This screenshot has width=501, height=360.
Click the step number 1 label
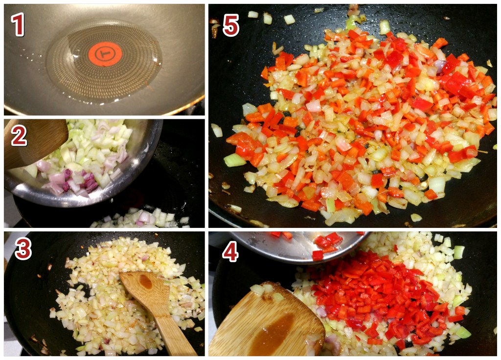tap(18, 24)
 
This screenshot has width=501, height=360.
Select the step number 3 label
tap(23, 248)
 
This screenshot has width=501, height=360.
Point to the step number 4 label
tap(230, 251)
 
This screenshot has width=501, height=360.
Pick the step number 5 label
tap(231, 25)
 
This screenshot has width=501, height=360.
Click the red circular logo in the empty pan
tap(105, 54)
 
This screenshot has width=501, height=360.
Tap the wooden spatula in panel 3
tap(156, 310)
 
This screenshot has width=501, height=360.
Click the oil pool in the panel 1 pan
tap(104, 62)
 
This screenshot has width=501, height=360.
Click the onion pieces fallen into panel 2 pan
tap(140, 219)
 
